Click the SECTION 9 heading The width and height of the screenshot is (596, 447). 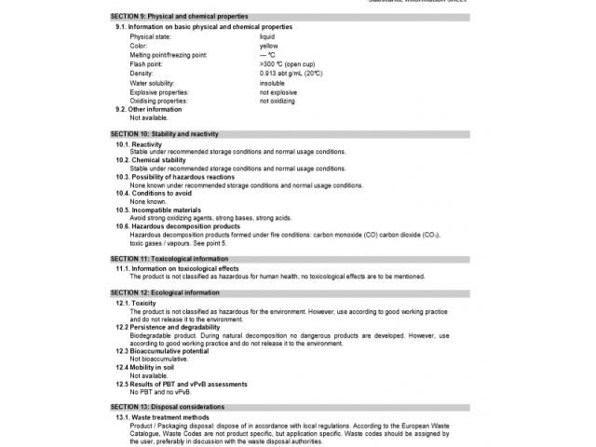click(179, 17)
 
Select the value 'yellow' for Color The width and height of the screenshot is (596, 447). click(268, 46)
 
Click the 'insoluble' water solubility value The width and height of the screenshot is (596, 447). click(272, 83)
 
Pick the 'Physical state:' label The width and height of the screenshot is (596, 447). click(151, 36)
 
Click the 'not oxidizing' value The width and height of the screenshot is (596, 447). click(277, 101)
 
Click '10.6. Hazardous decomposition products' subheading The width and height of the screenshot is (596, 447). click(178, 226)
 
